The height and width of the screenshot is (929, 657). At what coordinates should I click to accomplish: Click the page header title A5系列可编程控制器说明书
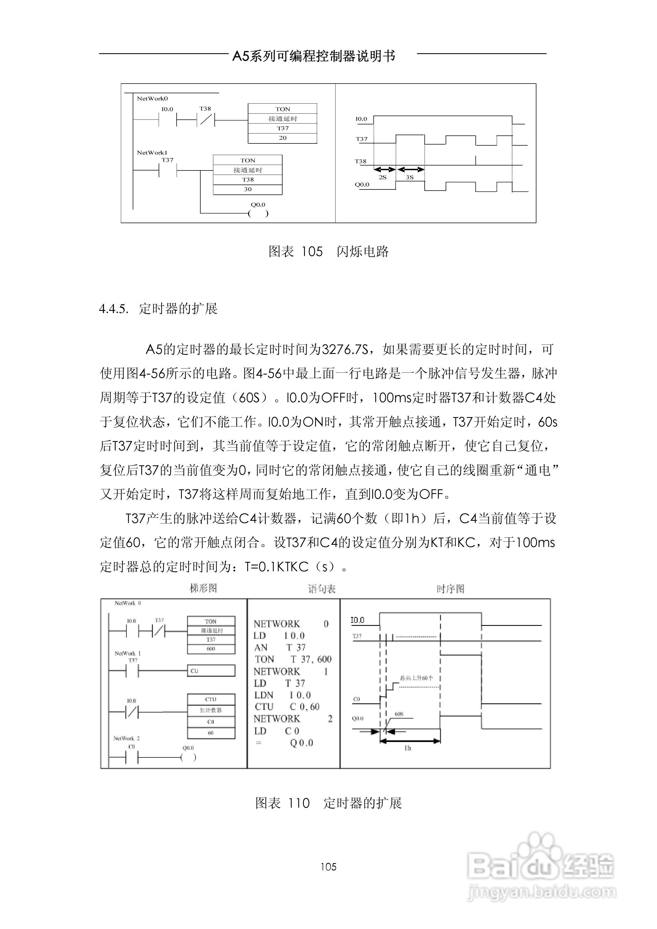314,56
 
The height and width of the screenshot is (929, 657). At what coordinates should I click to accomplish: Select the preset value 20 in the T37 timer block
283,138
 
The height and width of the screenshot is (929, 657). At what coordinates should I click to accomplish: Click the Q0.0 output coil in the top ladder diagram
258,213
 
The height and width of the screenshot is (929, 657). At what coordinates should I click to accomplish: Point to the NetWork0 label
152,98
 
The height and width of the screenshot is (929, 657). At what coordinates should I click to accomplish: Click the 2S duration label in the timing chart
382,177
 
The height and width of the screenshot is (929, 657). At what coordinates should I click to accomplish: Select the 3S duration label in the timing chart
410,177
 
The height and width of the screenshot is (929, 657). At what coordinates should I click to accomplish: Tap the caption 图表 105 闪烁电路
328,252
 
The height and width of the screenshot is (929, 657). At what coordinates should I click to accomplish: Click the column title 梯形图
204,588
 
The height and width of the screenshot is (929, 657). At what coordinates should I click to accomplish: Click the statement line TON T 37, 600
293,660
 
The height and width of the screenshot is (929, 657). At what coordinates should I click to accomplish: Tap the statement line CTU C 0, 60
287,707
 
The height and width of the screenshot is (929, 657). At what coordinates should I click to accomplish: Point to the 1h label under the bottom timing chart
408,748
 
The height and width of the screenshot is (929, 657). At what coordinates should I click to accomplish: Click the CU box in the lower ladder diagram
211,671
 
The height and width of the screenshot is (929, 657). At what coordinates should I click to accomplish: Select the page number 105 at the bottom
328,867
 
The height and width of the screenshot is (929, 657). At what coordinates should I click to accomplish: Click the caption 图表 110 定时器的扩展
328,803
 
